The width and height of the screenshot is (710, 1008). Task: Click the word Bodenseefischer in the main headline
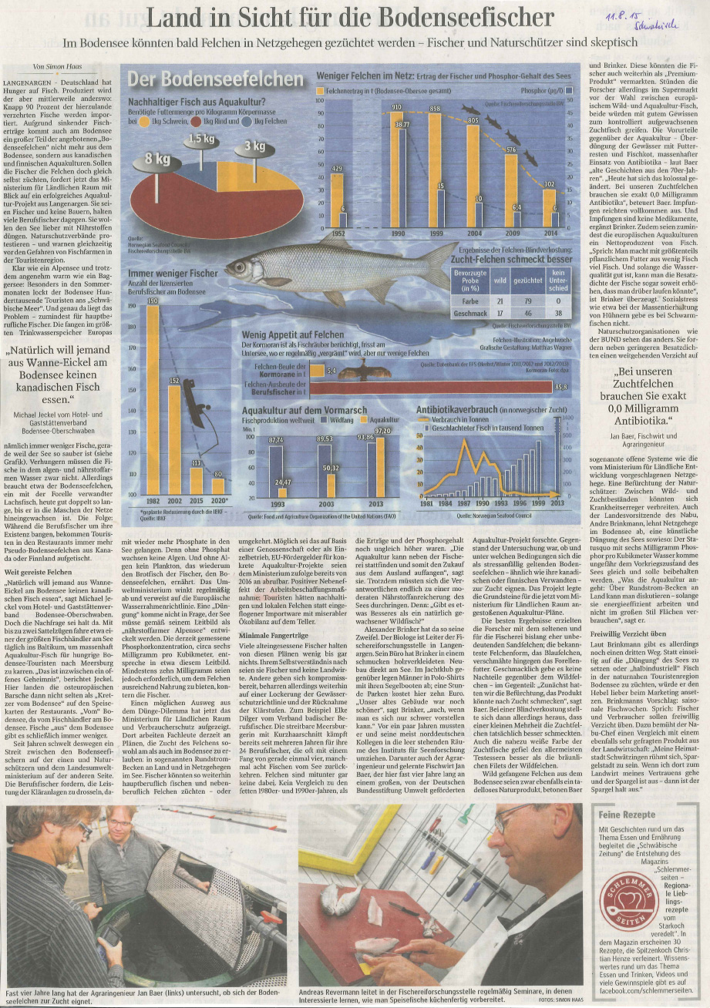[469, 17]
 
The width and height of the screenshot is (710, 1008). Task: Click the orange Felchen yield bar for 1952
[336, 202]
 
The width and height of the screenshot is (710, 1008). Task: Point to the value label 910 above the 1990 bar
[396, 106]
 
